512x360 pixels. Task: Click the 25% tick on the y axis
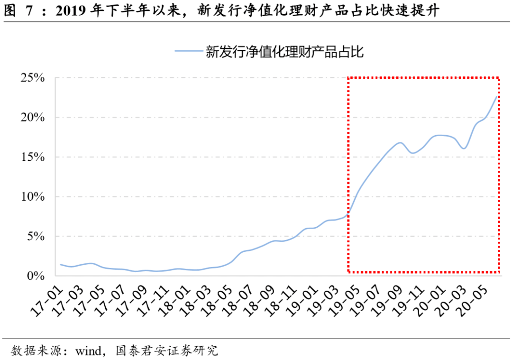click(x=33, y=78)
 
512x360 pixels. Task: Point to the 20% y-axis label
click(x=33, y=117)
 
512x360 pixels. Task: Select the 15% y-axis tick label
click(x=33, y=157)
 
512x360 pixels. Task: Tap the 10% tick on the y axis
click(x=33, y=196)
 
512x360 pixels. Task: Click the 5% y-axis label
click(x=36, y=236)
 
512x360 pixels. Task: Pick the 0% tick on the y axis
click(x=36, y=276)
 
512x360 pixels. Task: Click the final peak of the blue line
click(x=496, y=97)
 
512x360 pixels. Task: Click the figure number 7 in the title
click(x=29, y=11)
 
